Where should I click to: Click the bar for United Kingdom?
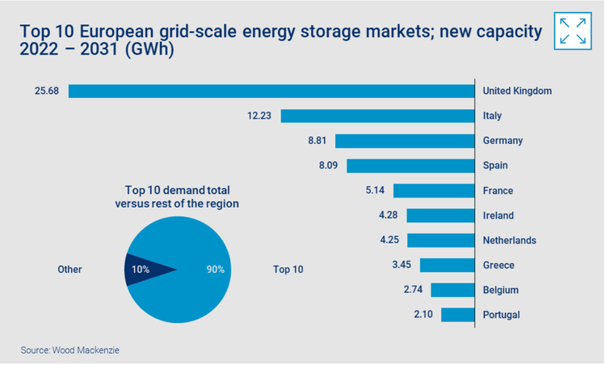[271, 91]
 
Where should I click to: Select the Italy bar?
[377, 116]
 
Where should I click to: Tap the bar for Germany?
[404, 141]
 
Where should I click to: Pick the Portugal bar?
[457, 315]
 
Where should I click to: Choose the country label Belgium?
[500, 290]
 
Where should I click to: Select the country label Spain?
[495, 166]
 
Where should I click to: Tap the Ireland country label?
[498, 216]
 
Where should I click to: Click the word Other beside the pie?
[70, 269]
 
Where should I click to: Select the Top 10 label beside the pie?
[288, 269]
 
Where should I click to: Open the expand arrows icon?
[573, 31]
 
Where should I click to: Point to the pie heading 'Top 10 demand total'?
[176, 190]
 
